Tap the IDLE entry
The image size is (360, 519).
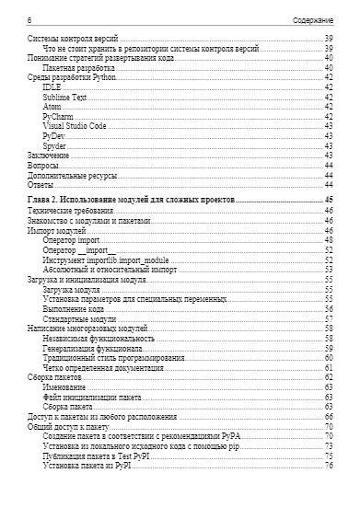tap(52, 88)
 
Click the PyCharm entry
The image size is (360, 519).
tap(58, 118)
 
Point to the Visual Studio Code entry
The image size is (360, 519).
tap(74, 127)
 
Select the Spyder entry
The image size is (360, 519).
tap(54, 146)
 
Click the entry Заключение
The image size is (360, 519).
tap(48, 156)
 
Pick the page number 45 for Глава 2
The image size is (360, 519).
tap(327, 200)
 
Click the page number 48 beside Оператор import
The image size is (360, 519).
tap(327, 239)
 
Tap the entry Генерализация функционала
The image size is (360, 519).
tap(92, 349)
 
